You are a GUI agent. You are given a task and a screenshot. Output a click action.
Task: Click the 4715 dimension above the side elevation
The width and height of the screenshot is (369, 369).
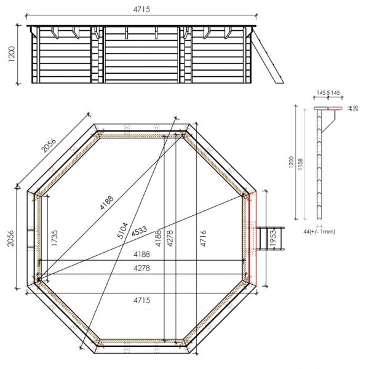[141, 9]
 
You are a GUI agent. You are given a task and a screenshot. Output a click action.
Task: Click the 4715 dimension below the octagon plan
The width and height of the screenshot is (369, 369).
[141, 300]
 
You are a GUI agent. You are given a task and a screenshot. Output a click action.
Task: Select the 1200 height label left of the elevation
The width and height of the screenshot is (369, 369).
[11, 54]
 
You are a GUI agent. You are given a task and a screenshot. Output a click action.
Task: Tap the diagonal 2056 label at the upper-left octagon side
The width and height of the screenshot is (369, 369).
[49, 145]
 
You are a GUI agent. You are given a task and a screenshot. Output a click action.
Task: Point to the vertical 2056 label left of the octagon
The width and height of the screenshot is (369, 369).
[10, 239]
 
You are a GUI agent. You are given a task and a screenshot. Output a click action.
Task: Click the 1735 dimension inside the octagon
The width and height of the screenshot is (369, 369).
[54, 238]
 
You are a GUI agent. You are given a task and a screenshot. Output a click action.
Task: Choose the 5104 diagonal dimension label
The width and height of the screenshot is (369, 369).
[122, 230]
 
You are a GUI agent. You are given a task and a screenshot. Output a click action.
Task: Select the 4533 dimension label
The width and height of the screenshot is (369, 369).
[140, 231]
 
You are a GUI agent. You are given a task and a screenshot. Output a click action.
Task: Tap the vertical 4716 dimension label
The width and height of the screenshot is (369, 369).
[203, 239]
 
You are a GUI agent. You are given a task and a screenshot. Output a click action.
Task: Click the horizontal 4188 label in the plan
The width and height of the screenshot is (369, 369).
[141, 254]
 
